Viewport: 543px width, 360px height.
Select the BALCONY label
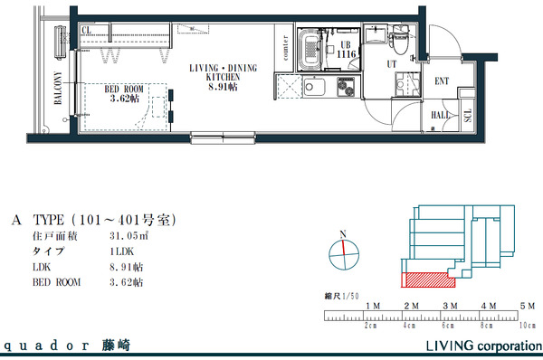[57, 89]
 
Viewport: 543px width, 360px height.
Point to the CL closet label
[88, 31]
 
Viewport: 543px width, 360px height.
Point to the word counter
[285, 51]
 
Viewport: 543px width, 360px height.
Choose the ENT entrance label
[442, 81]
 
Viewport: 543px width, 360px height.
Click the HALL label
[441, 115]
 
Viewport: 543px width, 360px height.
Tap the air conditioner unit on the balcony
[62, 38]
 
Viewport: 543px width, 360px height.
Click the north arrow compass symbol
[341, 256]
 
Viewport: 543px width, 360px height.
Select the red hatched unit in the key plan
[425, 279]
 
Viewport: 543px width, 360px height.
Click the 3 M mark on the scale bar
[449, 307]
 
